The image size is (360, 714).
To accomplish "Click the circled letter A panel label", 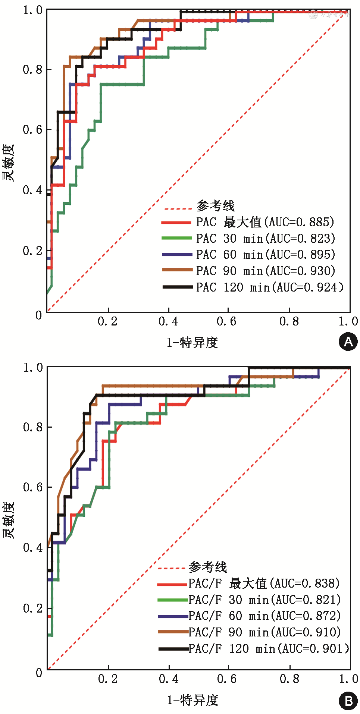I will (x=348, y=342).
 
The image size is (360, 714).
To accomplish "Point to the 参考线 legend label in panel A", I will (x=216, y=206).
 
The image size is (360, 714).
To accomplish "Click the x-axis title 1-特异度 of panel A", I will (x=192, y=342).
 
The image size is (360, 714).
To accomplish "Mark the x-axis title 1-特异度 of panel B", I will (x=192, y=700).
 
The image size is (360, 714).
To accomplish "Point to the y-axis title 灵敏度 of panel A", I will (x=8, y=163).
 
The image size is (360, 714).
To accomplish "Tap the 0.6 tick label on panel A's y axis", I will (x=32, y=130).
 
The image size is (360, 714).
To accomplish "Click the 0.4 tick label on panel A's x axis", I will (x=168, y=321).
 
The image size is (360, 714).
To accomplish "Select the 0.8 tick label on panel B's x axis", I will (x=289, y=679).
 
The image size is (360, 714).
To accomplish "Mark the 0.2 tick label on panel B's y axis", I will (x=33, y=608).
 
